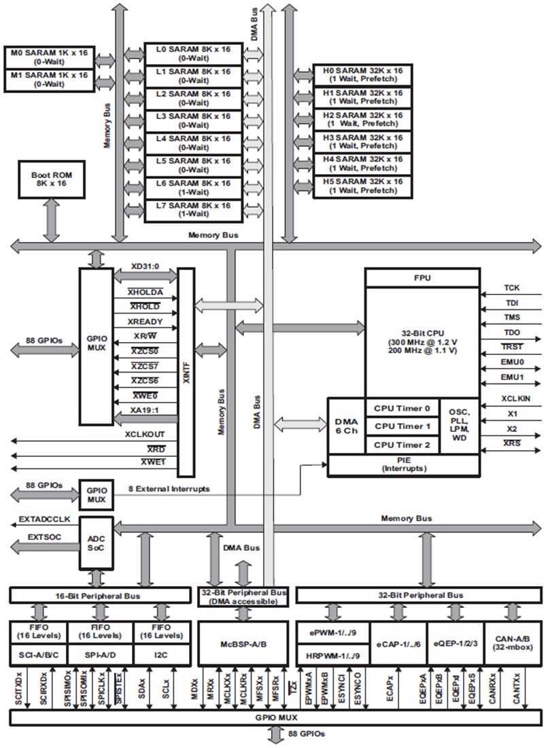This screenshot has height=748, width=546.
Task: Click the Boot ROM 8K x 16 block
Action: coord(52,180)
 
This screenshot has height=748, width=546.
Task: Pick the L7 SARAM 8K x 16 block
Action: coord(193,209)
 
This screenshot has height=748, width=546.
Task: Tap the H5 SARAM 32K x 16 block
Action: coord(362,186)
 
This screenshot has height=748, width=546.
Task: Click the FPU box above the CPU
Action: coord(422,277)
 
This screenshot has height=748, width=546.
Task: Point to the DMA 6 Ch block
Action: coord(346,426)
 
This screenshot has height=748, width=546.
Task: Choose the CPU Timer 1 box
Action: coord(403,427)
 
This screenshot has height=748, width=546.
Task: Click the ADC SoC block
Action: coord(97,542)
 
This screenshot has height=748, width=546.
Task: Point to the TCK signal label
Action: coord(511,288)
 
